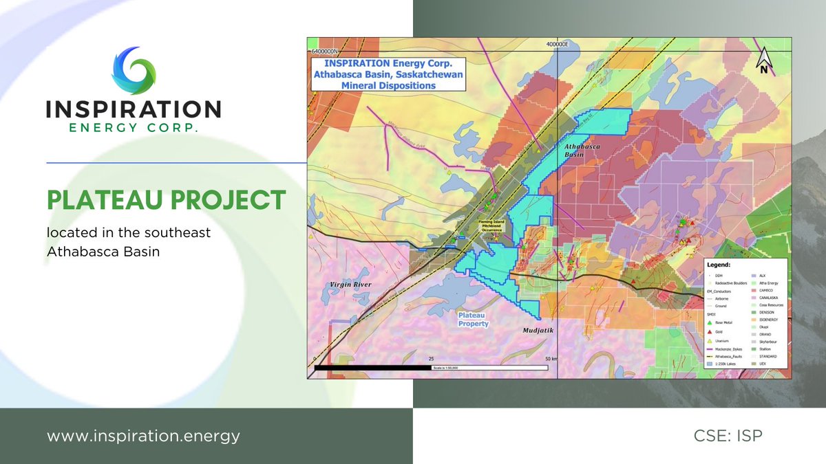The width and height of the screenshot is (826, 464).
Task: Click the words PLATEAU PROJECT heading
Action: pos(166,200)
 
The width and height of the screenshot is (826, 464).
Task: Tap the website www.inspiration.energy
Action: pos(144,436)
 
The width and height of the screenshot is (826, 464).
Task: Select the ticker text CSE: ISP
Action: pos(728,436)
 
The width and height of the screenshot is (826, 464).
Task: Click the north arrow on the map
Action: pos(763,60)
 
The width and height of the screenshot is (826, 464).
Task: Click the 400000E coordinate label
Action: pos(557,44)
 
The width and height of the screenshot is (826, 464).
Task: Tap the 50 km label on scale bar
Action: pos(551,359)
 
